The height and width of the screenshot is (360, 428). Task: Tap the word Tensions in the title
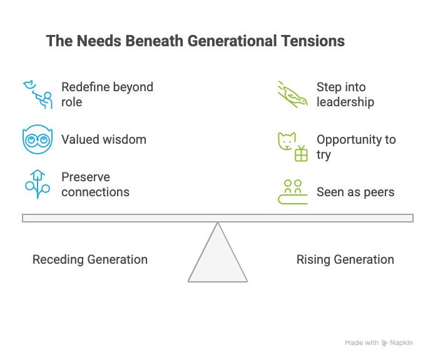tap(315, 41)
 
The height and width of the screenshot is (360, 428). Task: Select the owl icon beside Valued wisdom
tap(35, 139)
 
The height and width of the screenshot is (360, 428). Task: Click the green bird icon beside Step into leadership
tap(293, 94)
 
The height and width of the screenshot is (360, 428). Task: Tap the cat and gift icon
tap(293, 146)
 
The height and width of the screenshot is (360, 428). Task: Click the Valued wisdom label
tap(104, 139)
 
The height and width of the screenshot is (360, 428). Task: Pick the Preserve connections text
tap(95, 184)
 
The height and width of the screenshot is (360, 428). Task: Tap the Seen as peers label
tap(355, 192)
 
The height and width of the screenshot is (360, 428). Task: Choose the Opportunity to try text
tap(356, 147)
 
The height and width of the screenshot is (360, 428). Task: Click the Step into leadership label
tap(345, 94)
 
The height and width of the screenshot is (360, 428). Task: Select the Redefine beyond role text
tap(107, 94)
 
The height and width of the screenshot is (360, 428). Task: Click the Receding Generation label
tap(90, 259)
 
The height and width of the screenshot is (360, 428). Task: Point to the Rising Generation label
tap(345, 259)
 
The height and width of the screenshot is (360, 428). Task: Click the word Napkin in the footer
tap(401, 342)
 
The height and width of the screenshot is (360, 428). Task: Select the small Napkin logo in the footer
tap(384, 342)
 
